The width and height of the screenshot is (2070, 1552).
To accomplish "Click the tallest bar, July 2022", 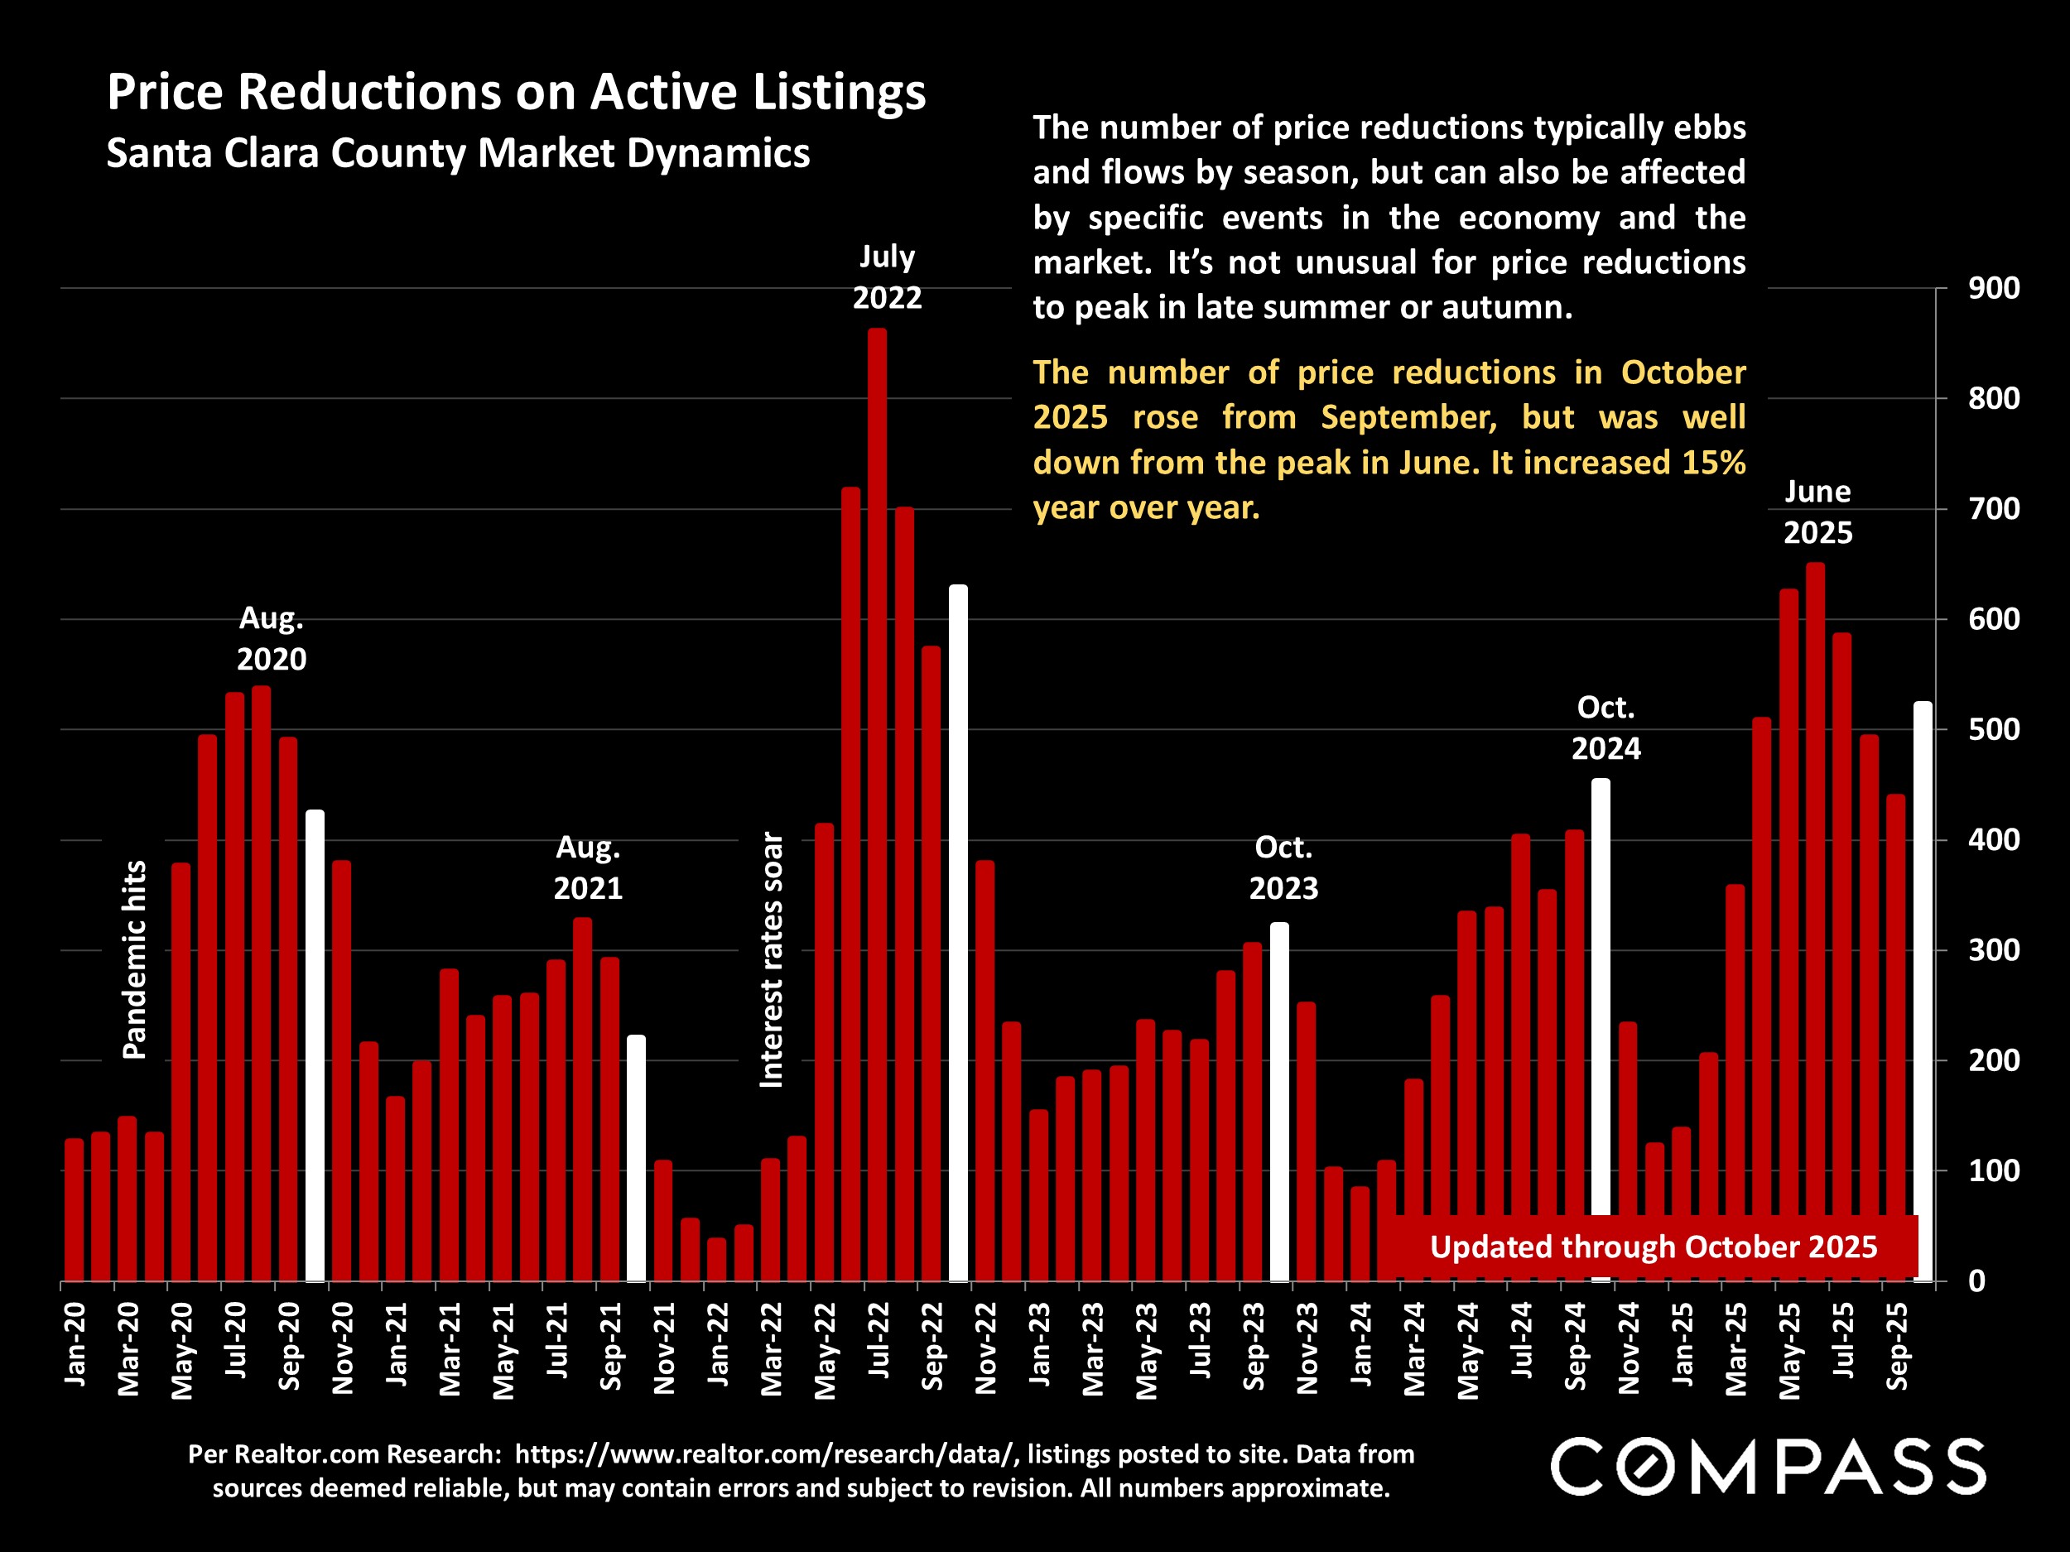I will tap(877, 805).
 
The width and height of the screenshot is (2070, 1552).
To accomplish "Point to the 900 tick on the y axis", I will tap(1993, 288).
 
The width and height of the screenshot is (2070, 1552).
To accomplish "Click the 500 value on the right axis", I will tap(1993, 730).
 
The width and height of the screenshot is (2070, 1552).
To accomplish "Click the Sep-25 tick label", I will tap(1897, 1346).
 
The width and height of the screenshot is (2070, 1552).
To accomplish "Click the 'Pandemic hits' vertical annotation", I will tap(136, 959).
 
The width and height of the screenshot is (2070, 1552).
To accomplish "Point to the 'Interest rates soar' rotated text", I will tap(771, 959).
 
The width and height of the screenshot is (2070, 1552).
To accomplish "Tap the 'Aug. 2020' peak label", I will tap(272, 639).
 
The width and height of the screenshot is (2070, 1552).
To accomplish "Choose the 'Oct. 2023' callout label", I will tap(1283, 867).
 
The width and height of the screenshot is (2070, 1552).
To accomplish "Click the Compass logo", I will tap(1768, 1466).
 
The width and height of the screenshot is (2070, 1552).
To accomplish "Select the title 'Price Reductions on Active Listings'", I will tap(516, 93).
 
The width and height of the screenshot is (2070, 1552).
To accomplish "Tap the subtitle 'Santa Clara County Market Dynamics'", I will tap(458, 153).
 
